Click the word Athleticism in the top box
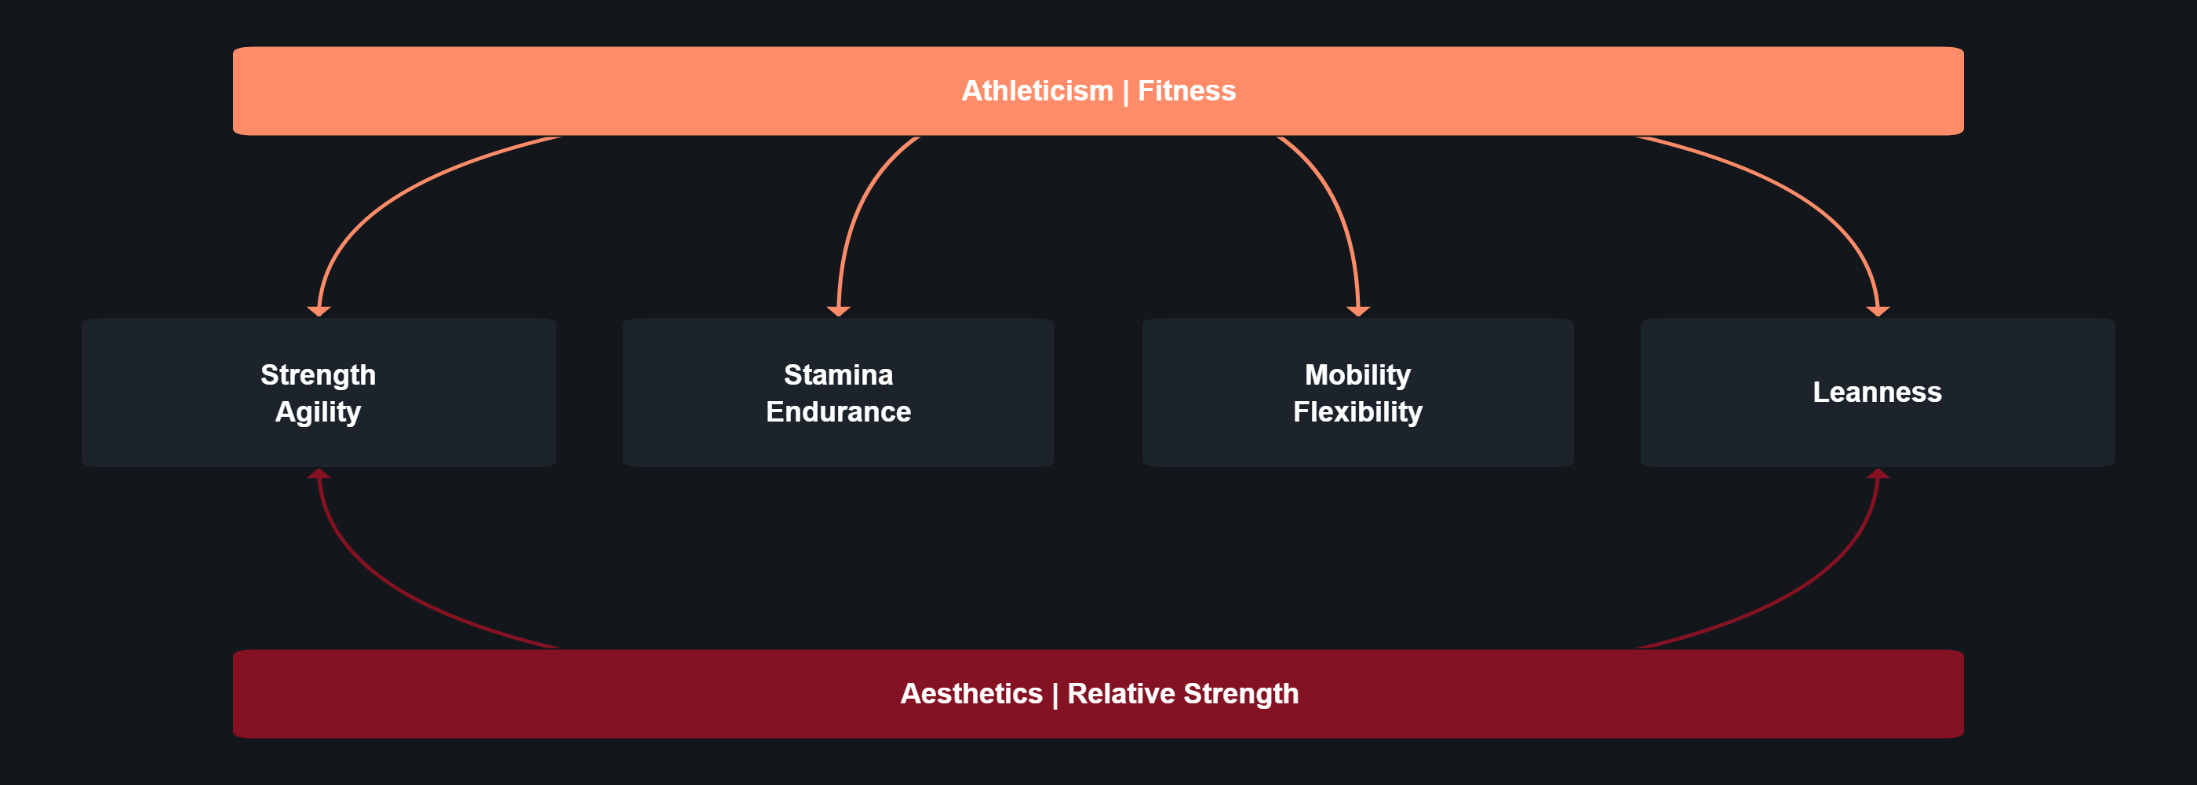click(x=1037, y=90)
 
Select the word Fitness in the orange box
click(x=1186, y=90)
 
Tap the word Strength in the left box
click(x=318, y=374)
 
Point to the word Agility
click(x=318, y=412)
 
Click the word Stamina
click(x=838, y=374)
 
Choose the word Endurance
click(x=838, y=412)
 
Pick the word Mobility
click(x=1357, y=374)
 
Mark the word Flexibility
click(x=1357, y=412)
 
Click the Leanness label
click(x=1877, y=392)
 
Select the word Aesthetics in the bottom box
click(x=971, y=694)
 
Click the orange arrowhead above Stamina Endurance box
click(x=838, y=312)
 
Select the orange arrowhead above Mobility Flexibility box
click(x=1357, y=312)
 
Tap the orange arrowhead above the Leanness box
click(x=1878, y=312)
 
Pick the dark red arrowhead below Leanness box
click(x=1878, y=473)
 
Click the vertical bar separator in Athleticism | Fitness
click(x=1126, y=92)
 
